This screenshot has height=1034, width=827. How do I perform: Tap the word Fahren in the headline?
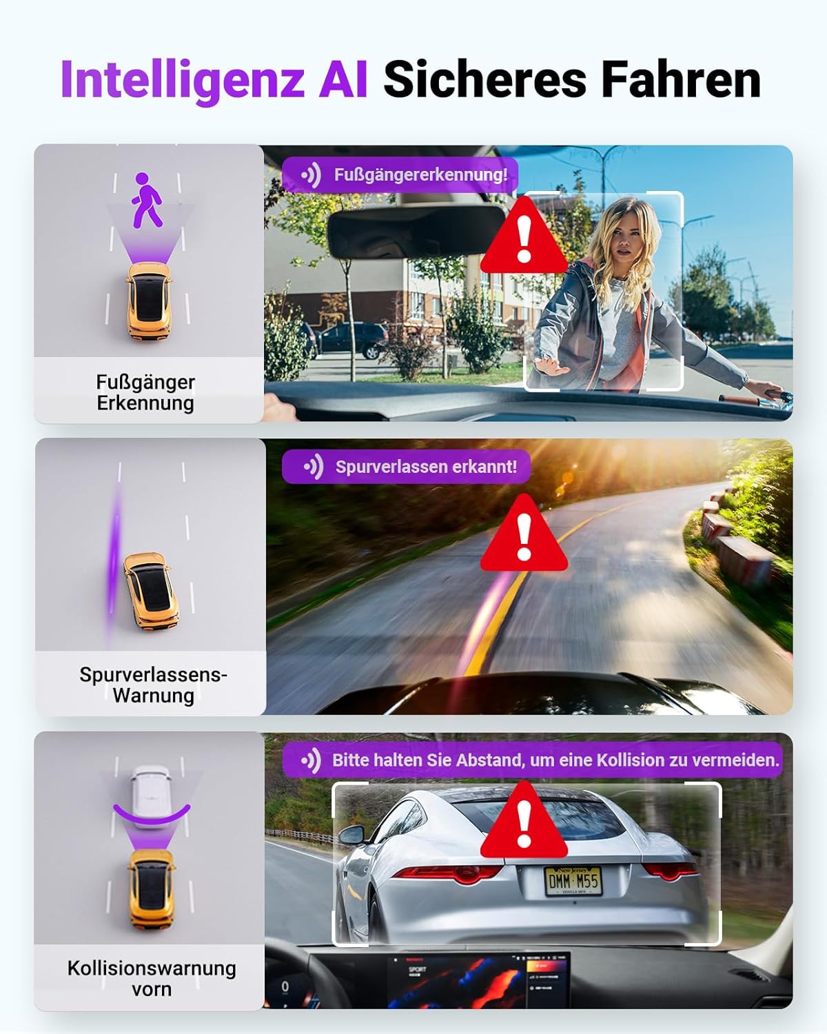(681, 79)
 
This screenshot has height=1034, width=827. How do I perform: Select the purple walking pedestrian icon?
(147, 200)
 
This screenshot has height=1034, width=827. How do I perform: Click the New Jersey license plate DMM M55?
(573, 881)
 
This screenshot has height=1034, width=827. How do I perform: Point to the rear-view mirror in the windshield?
(416, 232)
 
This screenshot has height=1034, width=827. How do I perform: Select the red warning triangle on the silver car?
(524, 820)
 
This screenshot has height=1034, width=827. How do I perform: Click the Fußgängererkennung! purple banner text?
(420, 174)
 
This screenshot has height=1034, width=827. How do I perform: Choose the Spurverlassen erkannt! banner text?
(426, 467)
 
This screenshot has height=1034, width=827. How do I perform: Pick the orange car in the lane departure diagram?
(151, 591)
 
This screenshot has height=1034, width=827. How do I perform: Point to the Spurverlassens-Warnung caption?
(153, 685)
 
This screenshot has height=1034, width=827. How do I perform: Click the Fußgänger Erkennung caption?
(145, 392)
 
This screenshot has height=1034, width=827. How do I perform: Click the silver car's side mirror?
(352, 834)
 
